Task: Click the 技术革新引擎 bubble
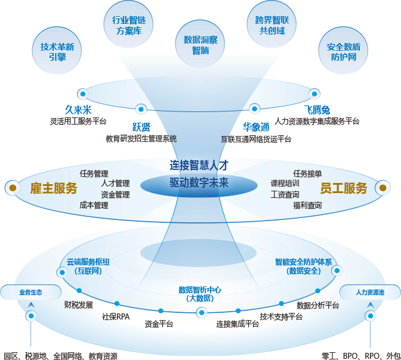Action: pyautogui.click(x=57, y=52)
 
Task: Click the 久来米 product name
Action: pyautogui.click(x=78, y=110)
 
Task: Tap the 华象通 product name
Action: pyautogui.click(x=256, y=127)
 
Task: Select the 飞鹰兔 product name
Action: pyautogui.click(x=317, y=110)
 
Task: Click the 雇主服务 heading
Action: pyautogui.click(x=54, y=188)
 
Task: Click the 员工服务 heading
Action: pyautogui.click(x=343, y=188)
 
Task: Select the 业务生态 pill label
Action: pyautogui.click(x=30, y=292)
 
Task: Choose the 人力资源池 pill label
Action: pyautogui.click(x=370, y=292)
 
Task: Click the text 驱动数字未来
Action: pyautogui.click(x=199, y=183)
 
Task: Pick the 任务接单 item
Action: pyautogui.click(x=307, y=173)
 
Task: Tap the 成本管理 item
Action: pyautogui.click(x=94, y=205)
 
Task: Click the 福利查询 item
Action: pyautogui.click(x=307, y=205)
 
